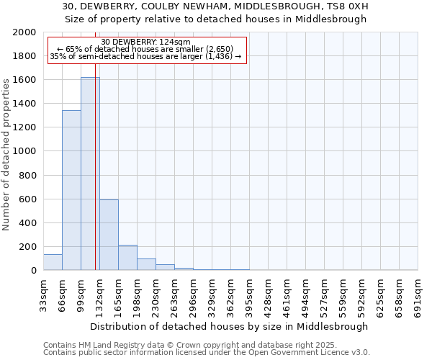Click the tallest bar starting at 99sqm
pyautogui.click(x=90, y=174)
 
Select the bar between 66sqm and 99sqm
pyautogui.click(x=71, y=190)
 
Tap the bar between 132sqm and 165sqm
pyautogui.click(x=109, y=235)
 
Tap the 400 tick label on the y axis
pyautogui.click(x=28, y=222)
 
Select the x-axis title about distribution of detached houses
pyautogui.click(x=230, y=326)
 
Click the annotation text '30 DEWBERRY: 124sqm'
pyautogui.click(x=146, y=42)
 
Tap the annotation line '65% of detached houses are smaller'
pyautogui.click(x=146, y=49)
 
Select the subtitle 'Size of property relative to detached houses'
pyautogui.click(x=216, y=19)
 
